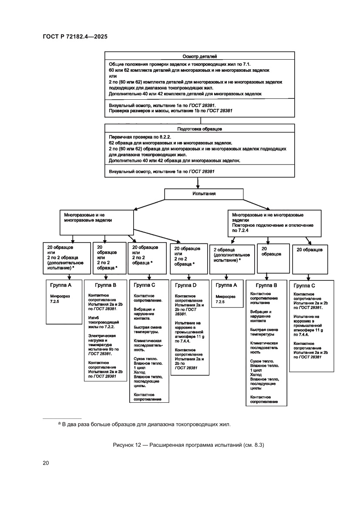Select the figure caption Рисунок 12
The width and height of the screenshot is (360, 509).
point(189,445)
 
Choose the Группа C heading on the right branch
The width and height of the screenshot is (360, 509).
point(304,286)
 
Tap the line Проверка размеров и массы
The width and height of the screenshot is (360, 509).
point(170,111)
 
